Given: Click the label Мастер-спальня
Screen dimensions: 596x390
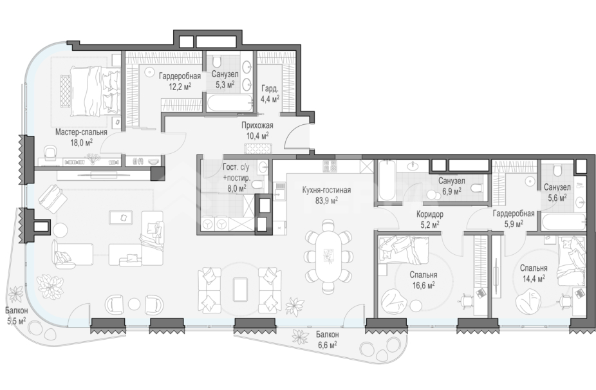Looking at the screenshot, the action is point(81,133).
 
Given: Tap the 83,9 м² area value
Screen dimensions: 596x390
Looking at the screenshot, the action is point(326,200).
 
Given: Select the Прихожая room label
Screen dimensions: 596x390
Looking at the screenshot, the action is point(257,125).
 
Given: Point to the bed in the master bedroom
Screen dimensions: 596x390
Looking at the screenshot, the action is point(91,91).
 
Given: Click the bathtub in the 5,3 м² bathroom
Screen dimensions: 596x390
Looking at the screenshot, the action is point(230,103).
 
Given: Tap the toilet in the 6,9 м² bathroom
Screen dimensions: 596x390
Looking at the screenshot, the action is point(476,188).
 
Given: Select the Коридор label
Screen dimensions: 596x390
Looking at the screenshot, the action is point(429,214).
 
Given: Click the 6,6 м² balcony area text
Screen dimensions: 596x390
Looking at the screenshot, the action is point(327,345).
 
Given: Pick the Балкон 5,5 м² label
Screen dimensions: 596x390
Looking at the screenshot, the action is point(16,315).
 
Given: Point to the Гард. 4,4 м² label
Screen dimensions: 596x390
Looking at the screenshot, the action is point(270,94).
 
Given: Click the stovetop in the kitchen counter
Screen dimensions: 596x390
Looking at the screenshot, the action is point(328,165).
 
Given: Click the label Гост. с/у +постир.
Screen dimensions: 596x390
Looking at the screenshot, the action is point(236,172).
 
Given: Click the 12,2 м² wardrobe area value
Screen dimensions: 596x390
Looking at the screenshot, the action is point(180,87).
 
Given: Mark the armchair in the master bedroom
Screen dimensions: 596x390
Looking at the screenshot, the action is point(50,153).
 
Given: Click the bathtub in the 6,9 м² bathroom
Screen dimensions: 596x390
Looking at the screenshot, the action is point(386,181).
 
